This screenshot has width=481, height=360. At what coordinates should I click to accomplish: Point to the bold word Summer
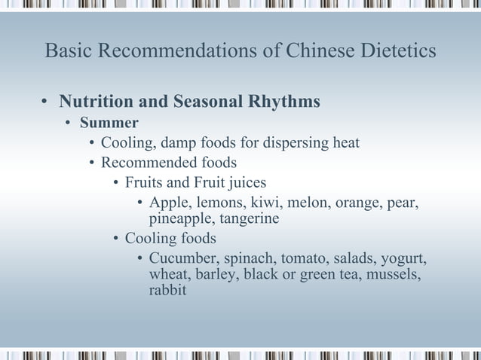coord(114,122)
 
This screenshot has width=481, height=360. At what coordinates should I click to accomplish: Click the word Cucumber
coord(182,259)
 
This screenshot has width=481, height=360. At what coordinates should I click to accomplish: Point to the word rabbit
coord(167,289)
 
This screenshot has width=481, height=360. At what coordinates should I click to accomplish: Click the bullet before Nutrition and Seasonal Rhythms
coord(46,102)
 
